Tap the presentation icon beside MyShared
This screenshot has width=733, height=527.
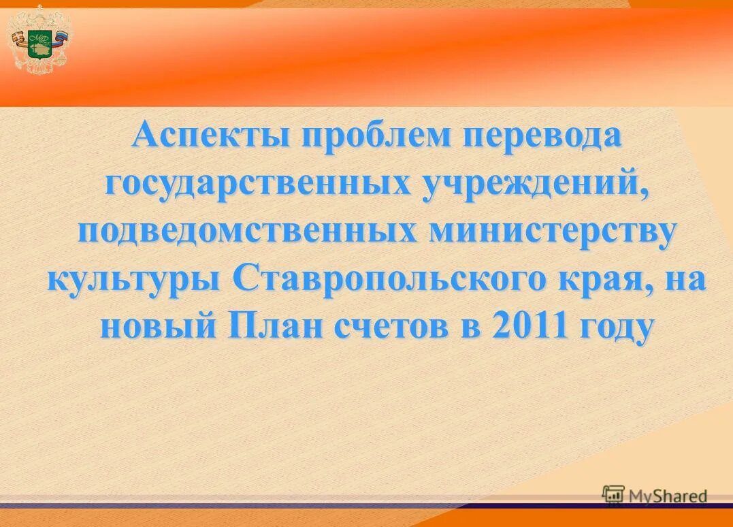pos(613,495)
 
